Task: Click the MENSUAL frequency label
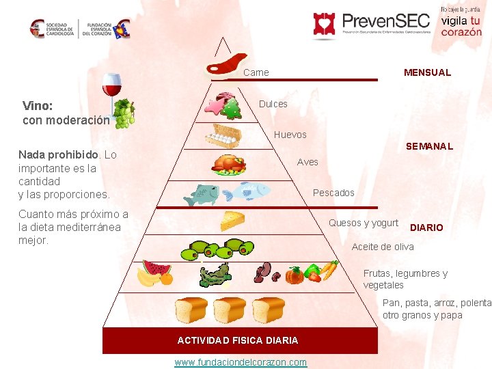click(x=427, y=72)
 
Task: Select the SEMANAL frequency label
click(x=429, y=146)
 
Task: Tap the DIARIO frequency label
click(x=426, y=228)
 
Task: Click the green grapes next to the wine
click(x=124, y=113)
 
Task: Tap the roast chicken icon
click(x=229, y=164)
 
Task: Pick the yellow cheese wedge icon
click(x=233, y=220)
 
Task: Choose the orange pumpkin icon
click(x=294, y=275)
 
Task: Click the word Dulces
click(x=273, y=104)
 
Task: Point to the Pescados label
click(x=333, y=193)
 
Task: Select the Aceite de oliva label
click(x=383, y=247)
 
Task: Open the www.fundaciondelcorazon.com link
click(x=241, y=362)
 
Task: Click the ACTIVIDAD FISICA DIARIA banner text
click(x=238, y=340)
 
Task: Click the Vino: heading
click(x=38, y=106)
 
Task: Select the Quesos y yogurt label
click(x=364, y=223)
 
